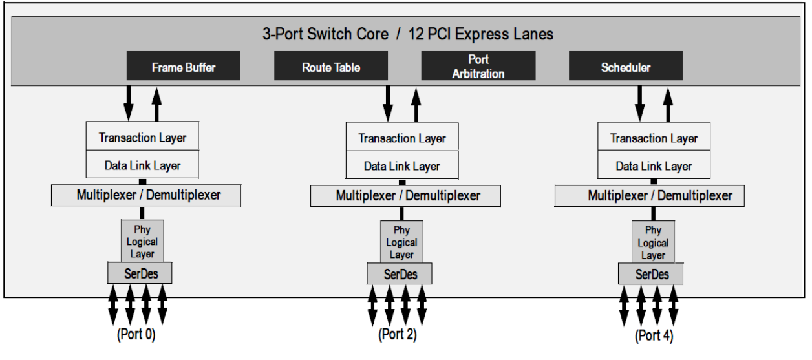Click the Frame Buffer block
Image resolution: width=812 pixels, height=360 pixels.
(184, 67)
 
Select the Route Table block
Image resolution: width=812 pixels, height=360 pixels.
(331, 67)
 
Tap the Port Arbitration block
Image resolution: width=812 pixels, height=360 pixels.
(478, 67)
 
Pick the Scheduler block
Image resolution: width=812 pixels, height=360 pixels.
(625, 67)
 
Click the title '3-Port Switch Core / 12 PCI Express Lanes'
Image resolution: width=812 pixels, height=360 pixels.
(407, 34)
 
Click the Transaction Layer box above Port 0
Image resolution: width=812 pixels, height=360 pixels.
(142, 138)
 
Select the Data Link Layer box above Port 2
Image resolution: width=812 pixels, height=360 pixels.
(401, 166)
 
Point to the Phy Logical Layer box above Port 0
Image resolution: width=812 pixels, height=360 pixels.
(142, 241)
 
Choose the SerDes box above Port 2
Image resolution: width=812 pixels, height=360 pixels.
(401, 274)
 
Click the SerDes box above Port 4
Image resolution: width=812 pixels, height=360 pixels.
(652, 274)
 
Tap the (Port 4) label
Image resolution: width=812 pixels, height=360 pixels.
(653, 335)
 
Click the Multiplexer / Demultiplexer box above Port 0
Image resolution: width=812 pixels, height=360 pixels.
(145, 195)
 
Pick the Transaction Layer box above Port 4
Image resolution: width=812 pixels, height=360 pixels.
(654, 138)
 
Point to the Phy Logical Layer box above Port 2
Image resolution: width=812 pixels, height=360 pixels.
(401, 242)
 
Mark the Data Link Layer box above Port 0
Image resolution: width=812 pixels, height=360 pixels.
(142, 165)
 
